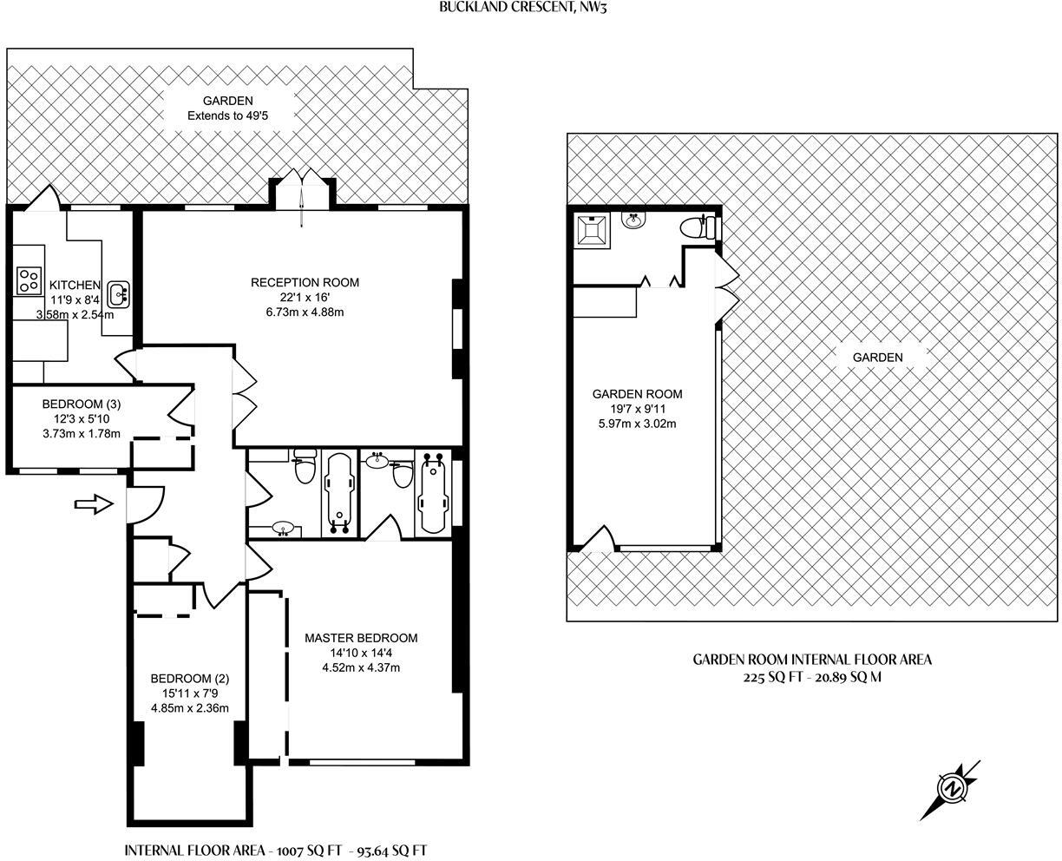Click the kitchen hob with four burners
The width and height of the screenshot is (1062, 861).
pyautogui.click(x=29, y=279)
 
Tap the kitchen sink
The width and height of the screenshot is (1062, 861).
pyautogui.click(x=119, y=293)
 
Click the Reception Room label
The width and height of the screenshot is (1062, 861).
pyautogui.click(x=305, y=282)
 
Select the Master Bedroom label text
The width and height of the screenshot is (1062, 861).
pyautogui.click(x=361, y=638)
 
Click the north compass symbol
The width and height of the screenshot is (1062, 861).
pyautogui.click(x=952, y=789)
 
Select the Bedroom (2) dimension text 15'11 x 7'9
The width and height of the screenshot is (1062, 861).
pyautogui.click(x=190, y=693)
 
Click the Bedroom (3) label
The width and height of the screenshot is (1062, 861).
pyautogui.click(x=82, y=404)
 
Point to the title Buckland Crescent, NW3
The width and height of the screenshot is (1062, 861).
pyautogui.click(x=528, y=7)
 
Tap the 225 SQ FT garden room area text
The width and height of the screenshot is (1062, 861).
pyautogui.click(x=810, y=677)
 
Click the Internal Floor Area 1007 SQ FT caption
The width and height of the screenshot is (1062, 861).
pyautogui.click(x=277, y=851)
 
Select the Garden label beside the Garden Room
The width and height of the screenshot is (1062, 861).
pyautogui.click(x=877, y=357)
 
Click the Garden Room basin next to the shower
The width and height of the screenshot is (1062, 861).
pyautogui.click(x=634, y=220)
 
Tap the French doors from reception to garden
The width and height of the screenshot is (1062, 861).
pyautogui.click(x=301, y=192)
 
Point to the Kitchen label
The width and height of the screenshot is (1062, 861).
pyautogui.click(x=75, y=286)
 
